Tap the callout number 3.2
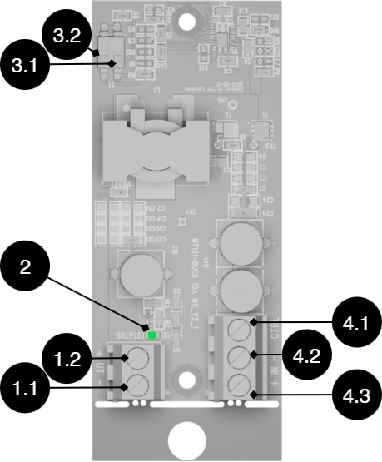[67, 37]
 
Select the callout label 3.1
[25, 65]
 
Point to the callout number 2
[25, 267]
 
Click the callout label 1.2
[67, 360]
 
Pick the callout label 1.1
[25, 388]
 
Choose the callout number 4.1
[355, 323]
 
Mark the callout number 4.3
[355, 396]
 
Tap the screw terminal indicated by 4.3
[240, 385]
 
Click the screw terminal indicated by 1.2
[138, 359]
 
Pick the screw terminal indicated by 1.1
[138, 385]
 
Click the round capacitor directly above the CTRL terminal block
[240, 289]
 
